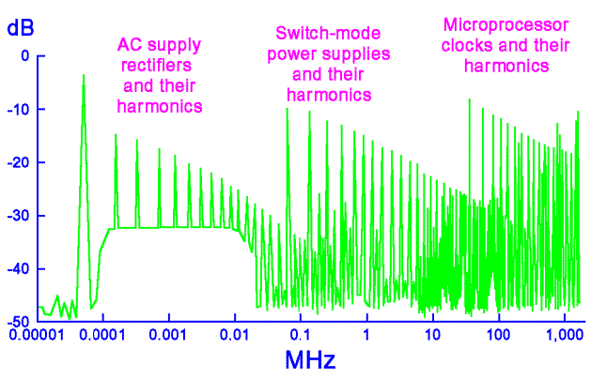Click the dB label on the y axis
19,27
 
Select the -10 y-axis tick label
19,110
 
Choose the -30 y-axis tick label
19,216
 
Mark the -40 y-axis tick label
19,269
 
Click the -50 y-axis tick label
19,322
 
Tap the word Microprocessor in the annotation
495,24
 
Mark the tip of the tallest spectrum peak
84,76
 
